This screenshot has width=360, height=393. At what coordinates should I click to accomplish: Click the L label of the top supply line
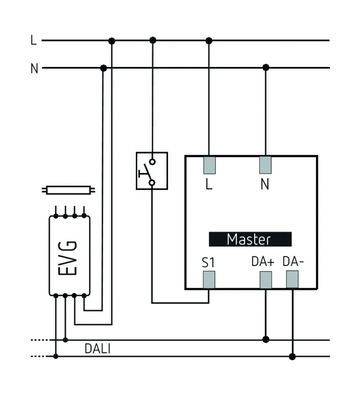[x=34, y=41]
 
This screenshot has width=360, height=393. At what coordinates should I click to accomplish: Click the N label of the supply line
[x=34, y=68]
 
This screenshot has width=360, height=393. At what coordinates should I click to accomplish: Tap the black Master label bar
[x=250, y=239]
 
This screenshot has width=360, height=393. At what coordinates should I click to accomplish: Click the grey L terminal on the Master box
[x=209, y=165]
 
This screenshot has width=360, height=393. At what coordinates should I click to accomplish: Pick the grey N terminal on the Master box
[x=265, y=165]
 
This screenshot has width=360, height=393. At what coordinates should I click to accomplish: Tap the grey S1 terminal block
[x=209, y=280]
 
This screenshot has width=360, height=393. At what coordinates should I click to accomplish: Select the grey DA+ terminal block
[x=266, y=280]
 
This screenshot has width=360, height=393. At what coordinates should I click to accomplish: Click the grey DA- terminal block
[x=292, y=280]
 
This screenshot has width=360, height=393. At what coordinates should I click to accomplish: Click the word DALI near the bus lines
[x=97, y=348]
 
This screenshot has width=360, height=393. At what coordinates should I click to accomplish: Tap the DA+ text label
[x=263, y=261]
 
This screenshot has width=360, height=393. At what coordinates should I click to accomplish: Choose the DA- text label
[x=294, y=261]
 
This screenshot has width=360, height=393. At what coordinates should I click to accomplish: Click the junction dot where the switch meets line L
[x=152, y=41]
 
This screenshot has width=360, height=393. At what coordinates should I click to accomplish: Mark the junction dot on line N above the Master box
[x=266, y=68]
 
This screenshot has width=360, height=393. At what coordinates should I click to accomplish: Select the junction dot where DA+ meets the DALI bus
[x=266, y=339]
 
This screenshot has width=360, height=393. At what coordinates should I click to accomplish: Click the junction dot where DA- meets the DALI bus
[x=292, y=357]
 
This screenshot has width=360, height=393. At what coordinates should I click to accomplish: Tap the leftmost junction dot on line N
[x=103, y=68]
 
